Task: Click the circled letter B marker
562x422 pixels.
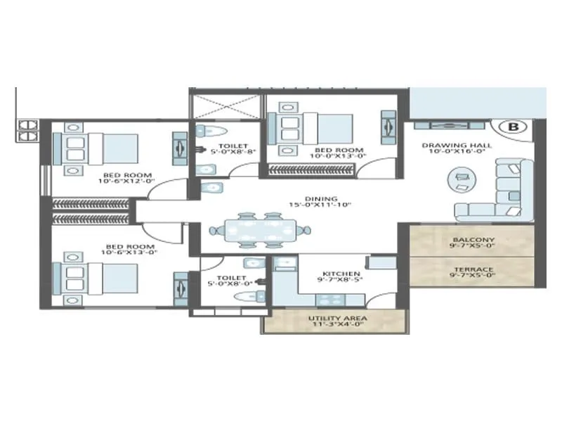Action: (513, 127)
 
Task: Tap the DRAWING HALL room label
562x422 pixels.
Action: (457, 146)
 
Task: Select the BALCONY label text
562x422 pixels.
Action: (473, 239)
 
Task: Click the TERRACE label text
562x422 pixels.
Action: (473, 269)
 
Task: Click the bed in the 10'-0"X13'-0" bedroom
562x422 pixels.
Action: (309, 128)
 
